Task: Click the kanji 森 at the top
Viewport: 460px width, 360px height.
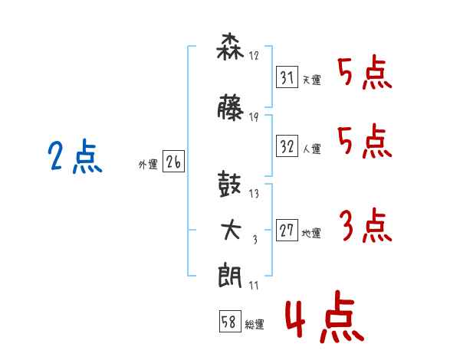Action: tap(230, 47)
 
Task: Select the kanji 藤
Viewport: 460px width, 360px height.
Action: tap(230, 107)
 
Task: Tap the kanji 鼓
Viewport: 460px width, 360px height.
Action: tap(230, 184)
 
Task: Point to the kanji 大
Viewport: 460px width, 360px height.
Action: tap(232, 230)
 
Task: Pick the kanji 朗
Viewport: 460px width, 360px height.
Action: tap(230, 276)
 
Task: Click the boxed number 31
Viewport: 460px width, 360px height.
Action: tap(287, 77)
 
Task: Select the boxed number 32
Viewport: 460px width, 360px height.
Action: tap(287, 146)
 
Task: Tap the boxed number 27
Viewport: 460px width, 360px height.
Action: tap(287, 230)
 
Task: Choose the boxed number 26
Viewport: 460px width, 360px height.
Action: tap(173, 162)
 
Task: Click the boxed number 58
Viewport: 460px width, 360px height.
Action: tap(230, 321)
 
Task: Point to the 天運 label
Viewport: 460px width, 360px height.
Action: tap(311, 80)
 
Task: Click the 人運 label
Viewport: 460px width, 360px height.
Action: tap(311, 149)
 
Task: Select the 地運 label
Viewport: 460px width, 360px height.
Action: tap(311, 233)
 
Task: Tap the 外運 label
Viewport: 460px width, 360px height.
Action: tap(148, 165)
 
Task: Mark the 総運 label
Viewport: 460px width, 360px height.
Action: tap(255, 325)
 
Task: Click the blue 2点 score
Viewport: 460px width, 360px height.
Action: tap(75, 156)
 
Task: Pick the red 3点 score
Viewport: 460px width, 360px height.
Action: tap(366, 225)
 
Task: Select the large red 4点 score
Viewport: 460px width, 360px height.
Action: tap(325, 316)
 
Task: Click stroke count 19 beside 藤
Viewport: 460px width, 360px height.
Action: tap(254, 117)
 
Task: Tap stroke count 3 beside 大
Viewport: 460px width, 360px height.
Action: tap(255, 240)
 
